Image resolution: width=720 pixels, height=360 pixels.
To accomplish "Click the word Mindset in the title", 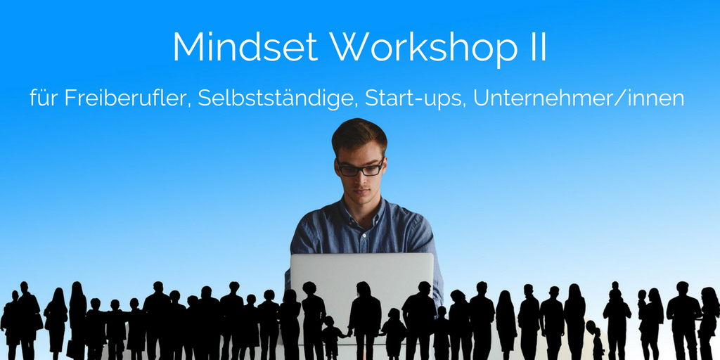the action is [245, 47].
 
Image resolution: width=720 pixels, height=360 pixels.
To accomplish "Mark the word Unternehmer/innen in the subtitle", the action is [579, 98].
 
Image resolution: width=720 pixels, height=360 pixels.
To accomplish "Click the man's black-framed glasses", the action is [361, 168].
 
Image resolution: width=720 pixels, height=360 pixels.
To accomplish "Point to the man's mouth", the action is [361, 193].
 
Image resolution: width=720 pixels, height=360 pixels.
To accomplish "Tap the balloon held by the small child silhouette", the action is [590, 327].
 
